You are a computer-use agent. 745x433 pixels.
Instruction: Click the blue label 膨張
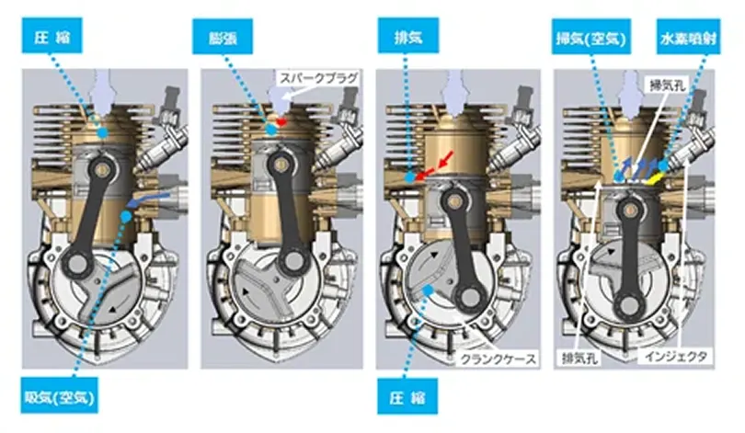pos(222,37)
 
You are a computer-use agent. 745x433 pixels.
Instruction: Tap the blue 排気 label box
pos(408,36)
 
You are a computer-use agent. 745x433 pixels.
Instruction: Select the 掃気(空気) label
pos(591,37)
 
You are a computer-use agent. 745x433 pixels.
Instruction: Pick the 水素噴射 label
pos(688,37)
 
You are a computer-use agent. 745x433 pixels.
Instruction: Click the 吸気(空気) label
pos(59,395)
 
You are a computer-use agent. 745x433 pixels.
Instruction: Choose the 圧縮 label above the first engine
pos(52,36)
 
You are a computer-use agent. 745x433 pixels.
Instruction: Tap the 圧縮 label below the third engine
pos(407,396)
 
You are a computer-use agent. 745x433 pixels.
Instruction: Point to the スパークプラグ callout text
pos(318,78)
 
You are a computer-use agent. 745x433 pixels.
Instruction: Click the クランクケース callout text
pos(498,359)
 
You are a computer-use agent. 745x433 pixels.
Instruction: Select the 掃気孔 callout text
pos(666,85)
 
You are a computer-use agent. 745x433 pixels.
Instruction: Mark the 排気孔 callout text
pos(579,358)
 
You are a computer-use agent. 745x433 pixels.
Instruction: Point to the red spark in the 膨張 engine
pos(281,122)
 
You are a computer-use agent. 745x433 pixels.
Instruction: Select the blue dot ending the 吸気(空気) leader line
pos(125,217)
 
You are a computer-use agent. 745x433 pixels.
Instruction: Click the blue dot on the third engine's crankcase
pos(429,290)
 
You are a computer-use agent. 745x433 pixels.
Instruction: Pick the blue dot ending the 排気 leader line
pos(409,177)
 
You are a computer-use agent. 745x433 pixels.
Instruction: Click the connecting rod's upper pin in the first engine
pos(101,168)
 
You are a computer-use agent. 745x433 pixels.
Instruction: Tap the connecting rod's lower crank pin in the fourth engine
pos(631,302)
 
